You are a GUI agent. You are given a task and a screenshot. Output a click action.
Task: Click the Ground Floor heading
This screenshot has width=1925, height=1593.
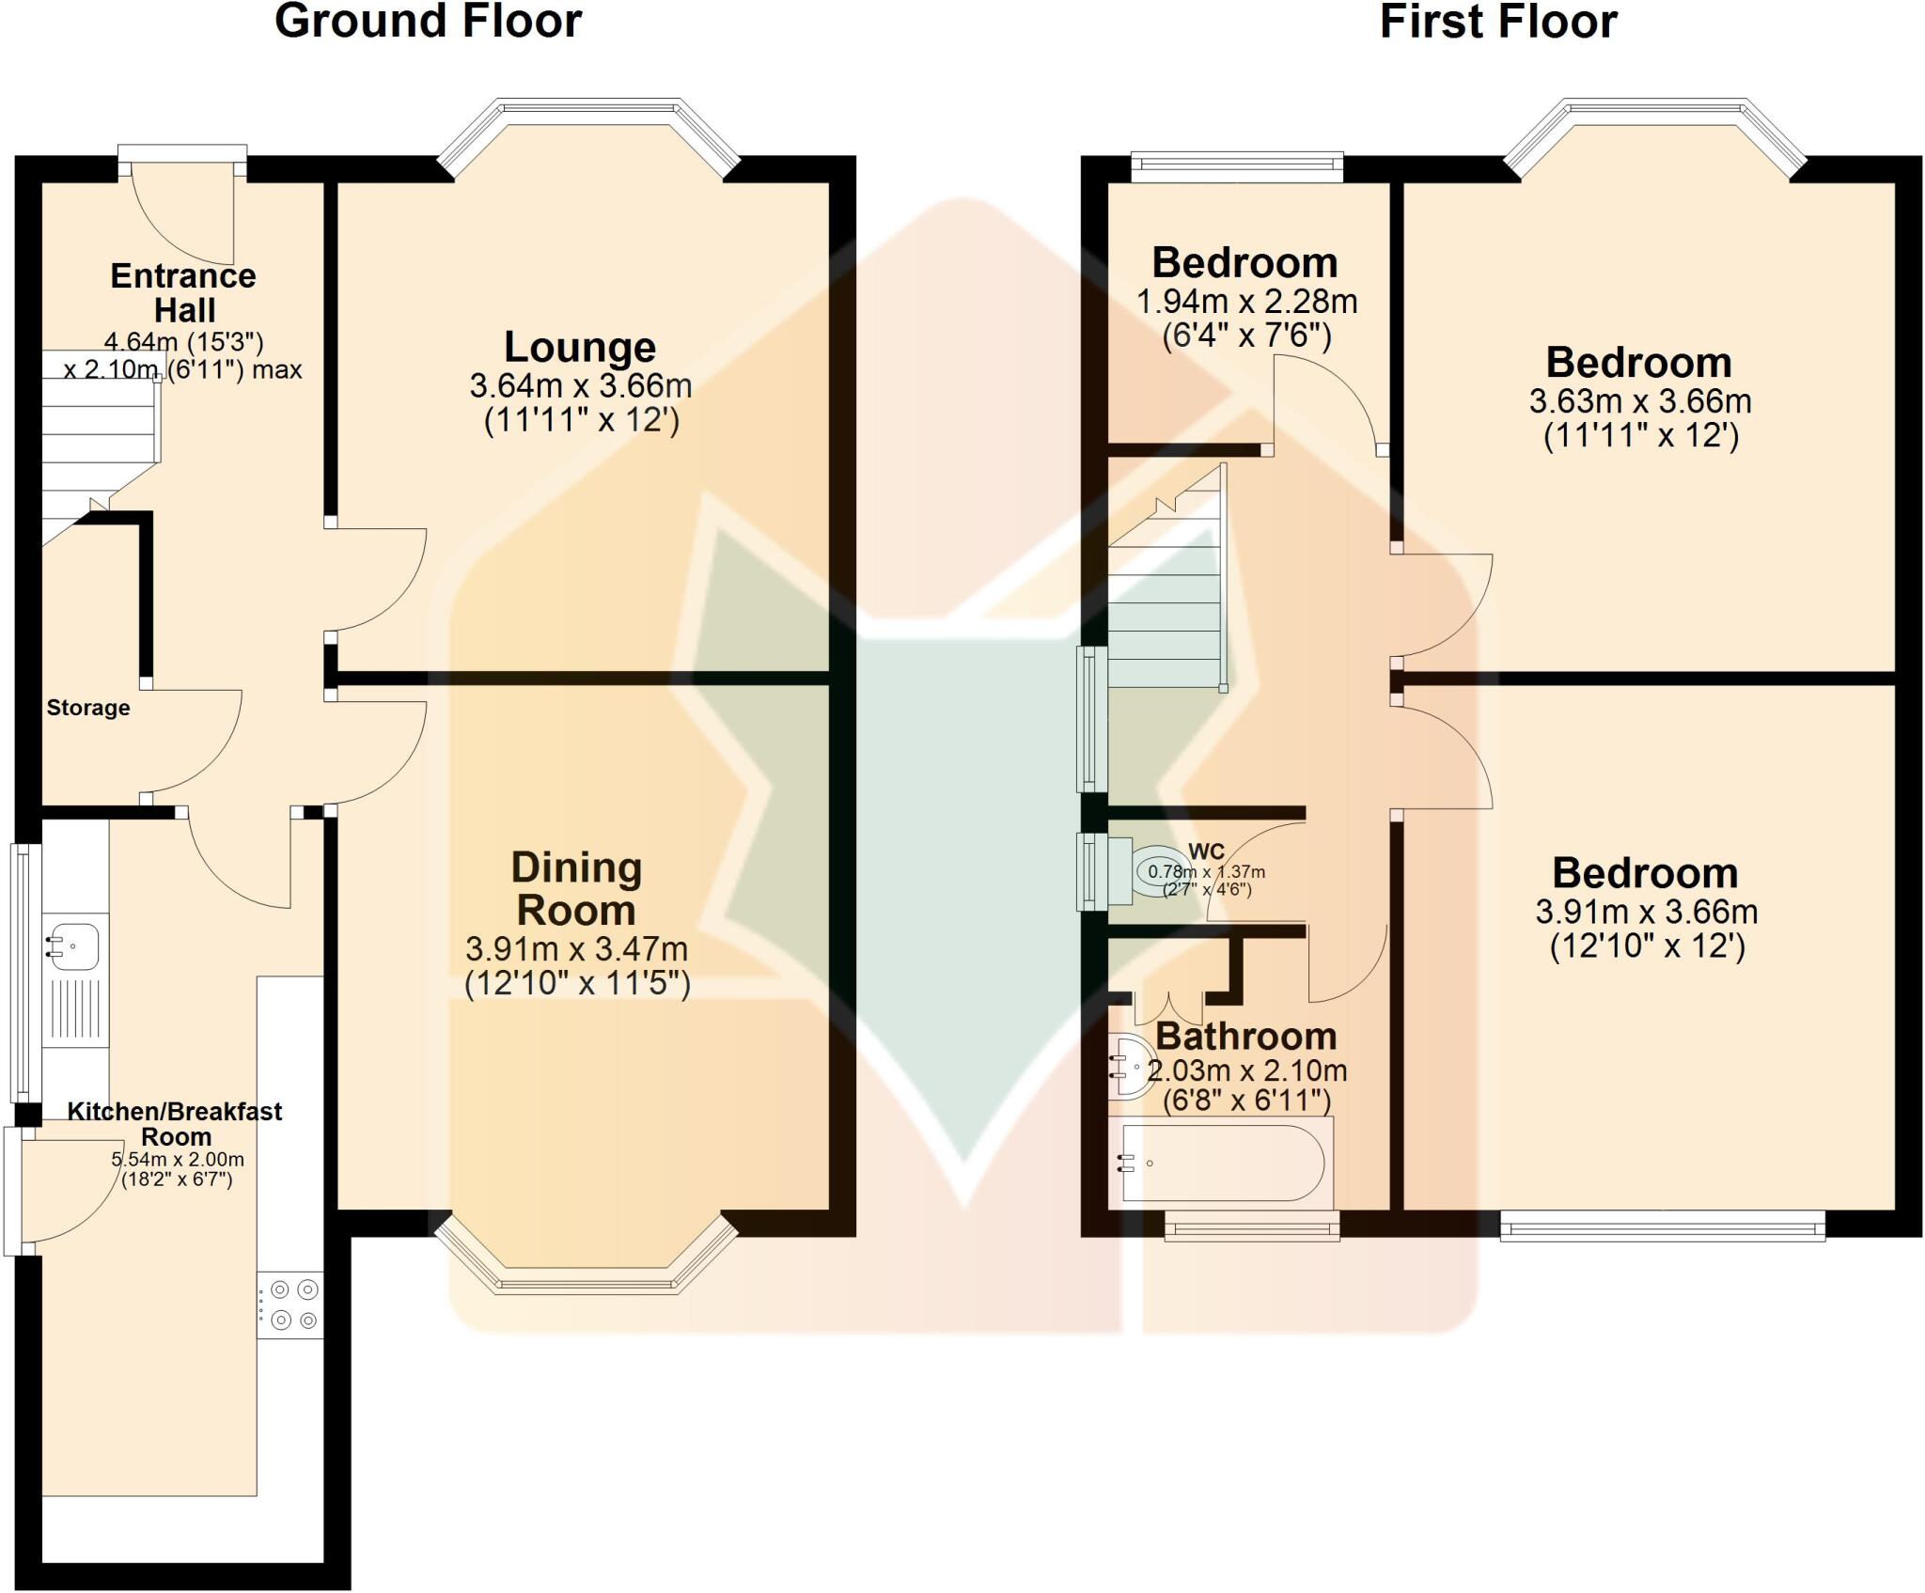tap(428, 21)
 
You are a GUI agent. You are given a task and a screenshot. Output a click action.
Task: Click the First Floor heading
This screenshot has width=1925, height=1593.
tap(1498, 21)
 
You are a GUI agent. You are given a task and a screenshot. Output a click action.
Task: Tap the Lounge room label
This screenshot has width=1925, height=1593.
tap(580, 347)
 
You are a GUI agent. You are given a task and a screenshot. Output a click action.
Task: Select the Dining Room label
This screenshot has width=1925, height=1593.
tap(576, 888)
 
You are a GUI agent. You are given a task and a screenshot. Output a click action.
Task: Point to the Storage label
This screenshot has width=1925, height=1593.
tap(88, 708)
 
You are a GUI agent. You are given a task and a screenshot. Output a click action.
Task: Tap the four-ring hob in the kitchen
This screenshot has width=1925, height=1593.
tap(290, 1304)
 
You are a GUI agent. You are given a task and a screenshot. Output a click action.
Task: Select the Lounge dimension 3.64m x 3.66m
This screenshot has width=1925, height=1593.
tap(580, 385)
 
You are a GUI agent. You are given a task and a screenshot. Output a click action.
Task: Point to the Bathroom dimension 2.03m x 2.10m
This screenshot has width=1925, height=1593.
tap(1247, 1070)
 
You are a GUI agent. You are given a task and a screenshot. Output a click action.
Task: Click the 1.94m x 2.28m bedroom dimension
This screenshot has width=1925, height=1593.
tap(1246, 302)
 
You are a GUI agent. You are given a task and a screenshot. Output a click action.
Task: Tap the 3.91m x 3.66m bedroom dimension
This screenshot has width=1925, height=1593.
tap(1647, 911)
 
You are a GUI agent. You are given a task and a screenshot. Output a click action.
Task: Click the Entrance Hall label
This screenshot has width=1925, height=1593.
tap(183, 292)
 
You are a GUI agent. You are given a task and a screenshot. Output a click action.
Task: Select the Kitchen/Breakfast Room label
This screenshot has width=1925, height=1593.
tap(175, 1123)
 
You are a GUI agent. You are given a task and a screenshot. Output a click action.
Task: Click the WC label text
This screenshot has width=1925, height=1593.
tap(1207, 851)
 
